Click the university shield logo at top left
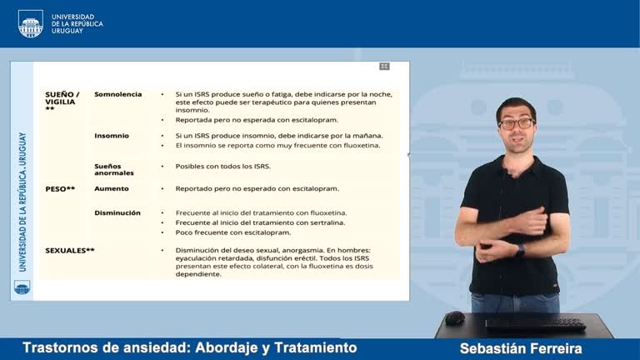click(x=30, y=22)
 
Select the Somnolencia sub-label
click(x=117, y=94)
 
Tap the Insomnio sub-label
click(x=112, y=136)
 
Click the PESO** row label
click(x=60, y=189)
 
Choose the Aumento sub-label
click(x=112, y=189)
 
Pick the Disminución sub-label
click(x=117, y=213)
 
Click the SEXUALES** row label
click(x=70, y=250)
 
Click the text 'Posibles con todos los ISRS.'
click(x=222, y=166)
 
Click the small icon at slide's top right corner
click(x=384, y=66)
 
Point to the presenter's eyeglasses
click(x=516, y=123)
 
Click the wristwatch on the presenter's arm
click(x=521, y=248)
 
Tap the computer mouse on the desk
click(x=454, y=317)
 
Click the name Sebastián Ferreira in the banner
click(x=520, y=348)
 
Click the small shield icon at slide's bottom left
click(x=22, y=287)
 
